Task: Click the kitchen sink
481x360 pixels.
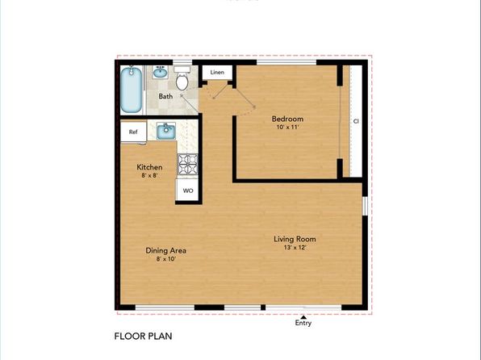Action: click(167, 131)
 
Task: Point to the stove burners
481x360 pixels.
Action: click(187, 164)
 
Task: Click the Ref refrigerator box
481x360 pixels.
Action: click(132, 131)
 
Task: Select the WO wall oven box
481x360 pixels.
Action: click(187, 191)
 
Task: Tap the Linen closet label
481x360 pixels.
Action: click(216, 73)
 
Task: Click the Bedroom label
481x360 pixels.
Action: click(287, 119)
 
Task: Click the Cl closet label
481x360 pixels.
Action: click(355, 121)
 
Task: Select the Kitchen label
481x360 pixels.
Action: click(149, 168)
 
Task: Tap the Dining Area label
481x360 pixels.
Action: click(165, 250)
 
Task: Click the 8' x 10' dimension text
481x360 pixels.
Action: click(165, 259)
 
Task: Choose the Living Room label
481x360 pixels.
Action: click(294, 239)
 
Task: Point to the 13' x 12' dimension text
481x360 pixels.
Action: click(294, 248)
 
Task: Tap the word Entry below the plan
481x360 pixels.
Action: click(303, 324)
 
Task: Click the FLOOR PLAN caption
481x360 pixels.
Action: click(144, 335)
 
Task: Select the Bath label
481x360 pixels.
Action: click(165, 97)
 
